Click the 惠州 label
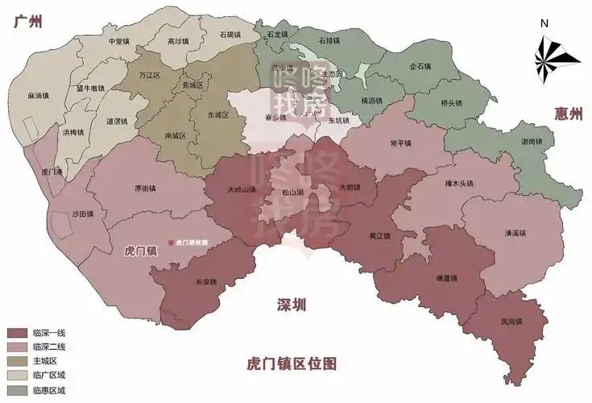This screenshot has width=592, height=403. tap(569, 114)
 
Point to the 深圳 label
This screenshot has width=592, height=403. tap(292, 304)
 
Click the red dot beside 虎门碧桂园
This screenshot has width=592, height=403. tap(169, 242)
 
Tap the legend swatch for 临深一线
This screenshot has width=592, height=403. tap(16, 333)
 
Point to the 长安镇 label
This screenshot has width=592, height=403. tap(207, 281)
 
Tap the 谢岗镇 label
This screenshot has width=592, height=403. tap(532, 142)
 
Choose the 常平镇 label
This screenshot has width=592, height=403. tap(400, 143)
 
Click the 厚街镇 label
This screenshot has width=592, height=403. tap(146, 188)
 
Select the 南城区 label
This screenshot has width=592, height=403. tap(174, 135)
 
